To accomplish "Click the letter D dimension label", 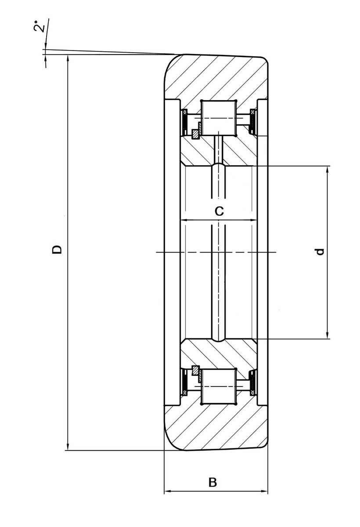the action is (57, 249).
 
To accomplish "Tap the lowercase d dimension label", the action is (320, 252).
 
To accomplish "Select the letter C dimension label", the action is (219, 211).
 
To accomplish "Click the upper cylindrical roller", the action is (219, 118).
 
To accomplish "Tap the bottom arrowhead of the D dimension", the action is (68, 446).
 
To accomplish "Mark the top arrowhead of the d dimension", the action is (328, 170).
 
